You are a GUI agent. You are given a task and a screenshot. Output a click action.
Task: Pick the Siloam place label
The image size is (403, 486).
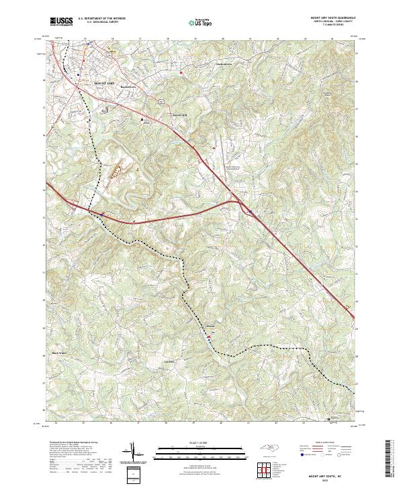[210, 326]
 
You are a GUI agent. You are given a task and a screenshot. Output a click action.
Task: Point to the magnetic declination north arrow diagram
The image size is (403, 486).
[134, 452]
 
